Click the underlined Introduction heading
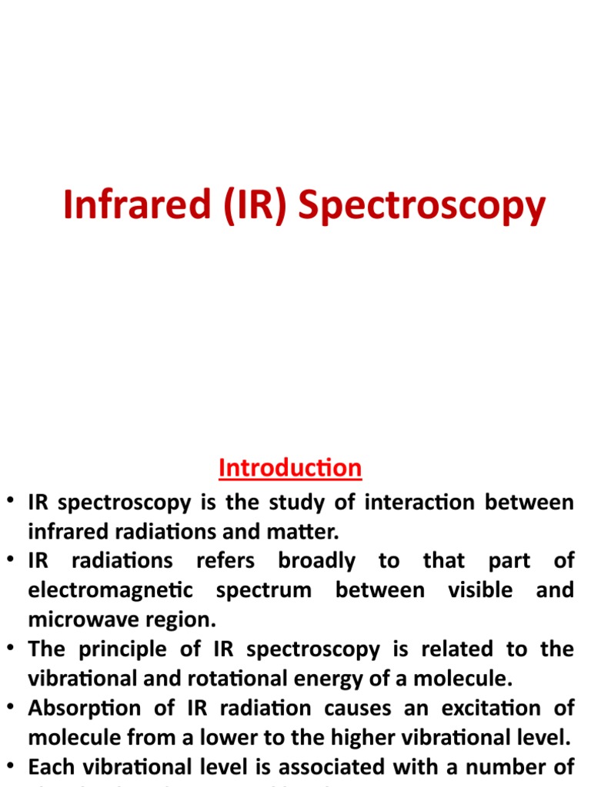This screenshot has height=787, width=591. [290, 467]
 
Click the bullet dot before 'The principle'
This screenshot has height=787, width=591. [12, 649]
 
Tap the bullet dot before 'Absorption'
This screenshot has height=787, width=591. [12, 708]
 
